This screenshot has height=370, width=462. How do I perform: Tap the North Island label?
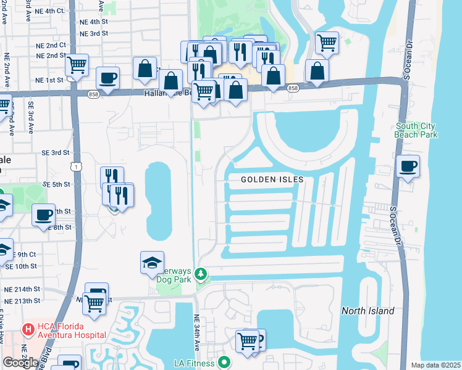(369, 311)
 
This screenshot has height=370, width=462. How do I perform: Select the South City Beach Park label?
(416, 130)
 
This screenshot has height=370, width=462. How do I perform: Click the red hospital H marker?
(28, 331)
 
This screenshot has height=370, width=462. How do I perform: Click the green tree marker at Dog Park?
(200, 273)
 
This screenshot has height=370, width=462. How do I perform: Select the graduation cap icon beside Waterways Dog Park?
(152, 263)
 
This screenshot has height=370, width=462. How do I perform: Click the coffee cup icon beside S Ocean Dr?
(408, 166)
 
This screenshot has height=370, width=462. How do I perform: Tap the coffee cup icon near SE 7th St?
(44, 215)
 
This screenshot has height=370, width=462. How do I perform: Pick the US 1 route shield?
(75, 167)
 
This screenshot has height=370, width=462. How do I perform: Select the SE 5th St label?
(56, 184)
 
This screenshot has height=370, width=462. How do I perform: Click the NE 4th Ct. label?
(49, 10)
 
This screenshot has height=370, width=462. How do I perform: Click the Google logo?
(20, 362)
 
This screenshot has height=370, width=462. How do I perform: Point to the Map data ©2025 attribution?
(435, 365)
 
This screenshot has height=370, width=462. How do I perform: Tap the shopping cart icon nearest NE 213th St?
(94, 303)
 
